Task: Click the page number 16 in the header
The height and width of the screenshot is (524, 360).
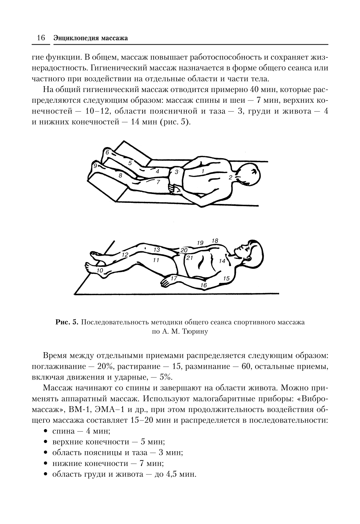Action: pyautogui.click(x=40, y=38)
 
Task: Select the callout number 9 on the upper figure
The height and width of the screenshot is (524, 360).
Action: pyautogui.click(x=95, y=166)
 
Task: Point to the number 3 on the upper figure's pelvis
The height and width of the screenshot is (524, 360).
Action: pyautogui.click(x=176, y=172)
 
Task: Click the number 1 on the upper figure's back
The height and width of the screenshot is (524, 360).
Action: pyautogui.click(x=203, y=171)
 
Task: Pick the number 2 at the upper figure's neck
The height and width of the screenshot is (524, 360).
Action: pyautogui.click(x=230, y=178)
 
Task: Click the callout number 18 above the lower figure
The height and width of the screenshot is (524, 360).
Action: pyautogui.click(x=215, y=241)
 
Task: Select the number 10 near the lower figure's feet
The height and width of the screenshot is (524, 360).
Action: pyautogui.click(x=100, y=270)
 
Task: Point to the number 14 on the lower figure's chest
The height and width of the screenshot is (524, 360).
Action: pyautogui.click(x=222, y=261)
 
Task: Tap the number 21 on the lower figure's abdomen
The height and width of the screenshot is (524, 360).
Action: pyautogui.click(x=190, y=258)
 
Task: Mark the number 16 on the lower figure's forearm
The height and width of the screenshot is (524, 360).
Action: pyautogui.click(x=203, y=285)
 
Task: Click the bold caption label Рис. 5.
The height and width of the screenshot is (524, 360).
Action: pyautogui.click(x=67, y=322)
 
